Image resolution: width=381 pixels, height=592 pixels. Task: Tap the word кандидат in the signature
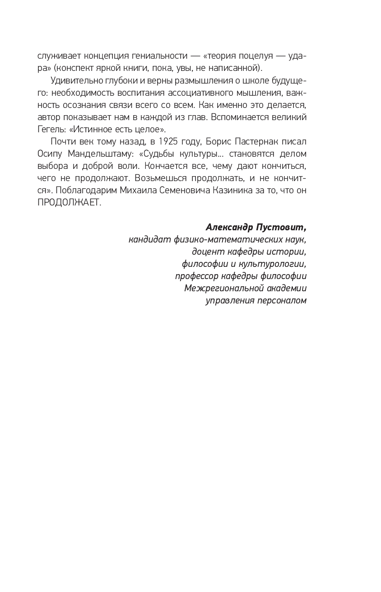[150, 239]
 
